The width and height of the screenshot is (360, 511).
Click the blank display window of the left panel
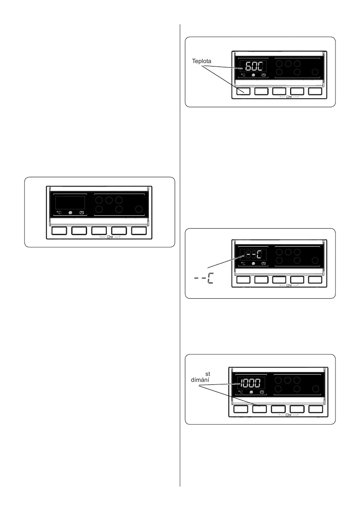pos(69,201)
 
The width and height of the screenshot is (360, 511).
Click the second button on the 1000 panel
pos(260,409)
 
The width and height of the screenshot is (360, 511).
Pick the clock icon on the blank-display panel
pos(81,212)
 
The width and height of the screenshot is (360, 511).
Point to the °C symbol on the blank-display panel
pos(59,212)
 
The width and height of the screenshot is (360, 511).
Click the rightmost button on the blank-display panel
pos(139,231)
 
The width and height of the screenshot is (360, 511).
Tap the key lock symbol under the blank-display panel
pos(109,237)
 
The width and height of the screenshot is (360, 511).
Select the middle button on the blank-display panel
pos(99,231)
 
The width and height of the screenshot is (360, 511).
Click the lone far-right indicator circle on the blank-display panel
pos(139,209)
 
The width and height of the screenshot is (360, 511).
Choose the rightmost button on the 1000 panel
pos(315,409)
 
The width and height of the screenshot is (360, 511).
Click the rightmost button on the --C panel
pos(315,280)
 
